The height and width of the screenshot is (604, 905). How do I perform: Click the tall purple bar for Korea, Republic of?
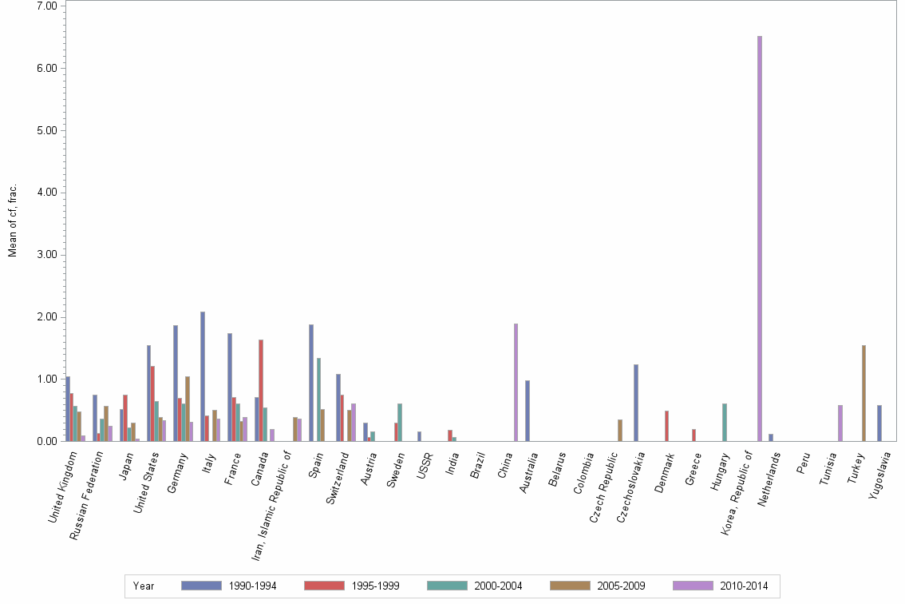pyautogui.click(x=759, y=238)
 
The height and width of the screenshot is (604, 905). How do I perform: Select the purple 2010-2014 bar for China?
pyautogui.click(x=516, y=382)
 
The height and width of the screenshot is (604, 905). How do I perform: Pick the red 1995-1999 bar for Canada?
pyautogui.click(x=260, y=390)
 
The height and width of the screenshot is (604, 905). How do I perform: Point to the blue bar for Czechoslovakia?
pyautogui.click(x=636, y=403)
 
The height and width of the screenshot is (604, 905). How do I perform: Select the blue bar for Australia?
pyautogui.click(x=528, y=411)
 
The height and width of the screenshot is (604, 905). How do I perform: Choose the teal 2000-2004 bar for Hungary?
pyautogui.click(x=724, y=422)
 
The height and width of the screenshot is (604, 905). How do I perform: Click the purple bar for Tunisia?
pyautogui.click(x=840, y=423)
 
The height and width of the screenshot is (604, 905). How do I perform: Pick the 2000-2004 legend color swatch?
pyautogui.click(x=448, y=586)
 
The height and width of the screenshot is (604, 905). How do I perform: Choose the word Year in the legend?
pyautogui.click(x=144, y=586)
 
